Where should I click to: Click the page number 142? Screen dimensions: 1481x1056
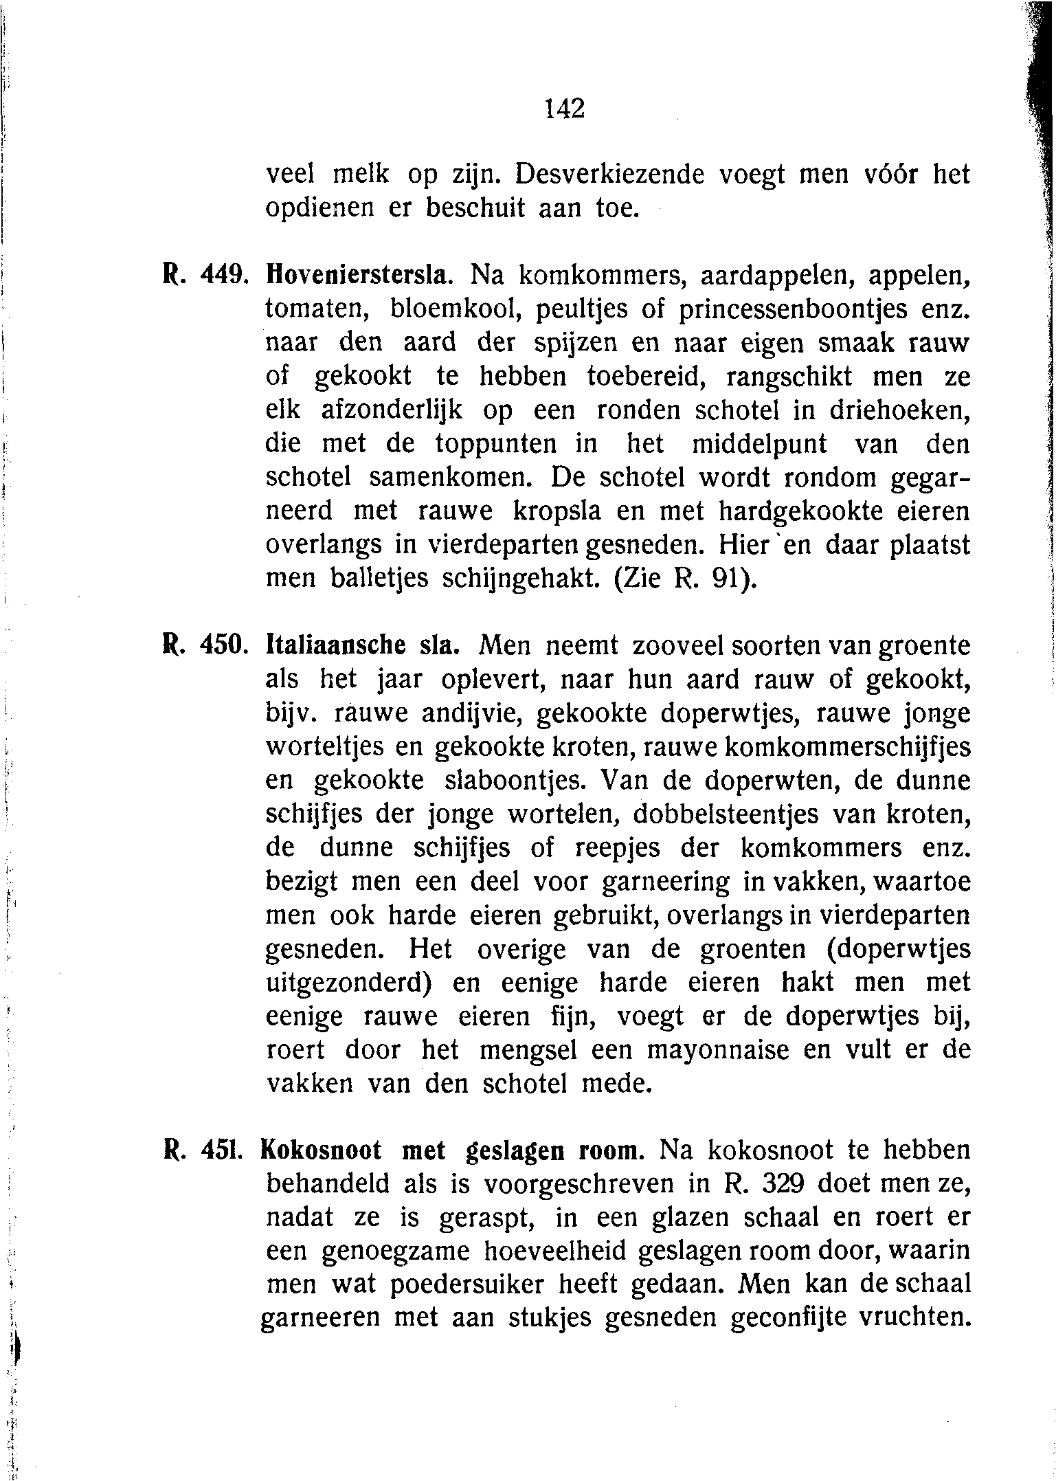(564, 109)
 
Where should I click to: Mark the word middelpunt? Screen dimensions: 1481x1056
(759, 444)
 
